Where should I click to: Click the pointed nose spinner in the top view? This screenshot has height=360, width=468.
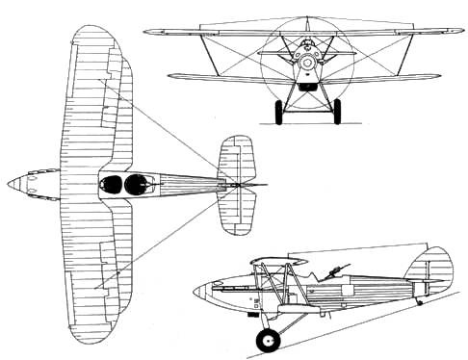click(x=13, y=183)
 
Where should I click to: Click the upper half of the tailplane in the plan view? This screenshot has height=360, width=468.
click(x=236, y=158)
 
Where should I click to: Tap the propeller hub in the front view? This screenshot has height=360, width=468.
click(x=307, y=64)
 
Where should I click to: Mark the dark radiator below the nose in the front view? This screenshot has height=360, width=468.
click(x=307, y=85)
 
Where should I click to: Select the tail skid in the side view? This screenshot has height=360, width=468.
click(x=419, y=300)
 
